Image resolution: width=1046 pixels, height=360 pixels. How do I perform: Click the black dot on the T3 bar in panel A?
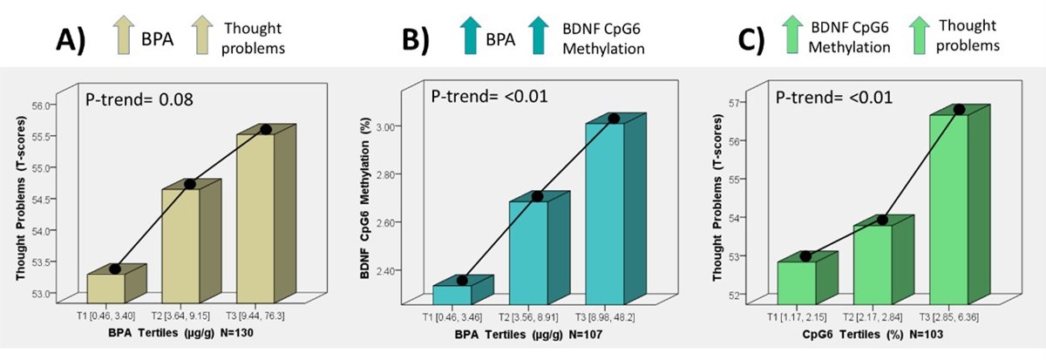tap(266, 130)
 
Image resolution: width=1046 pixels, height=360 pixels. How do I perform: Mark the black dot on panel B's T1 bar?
tap(462, 280)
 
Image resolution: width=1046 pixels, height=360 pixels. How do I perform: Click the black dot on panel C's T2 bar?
tap(882, 220)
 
